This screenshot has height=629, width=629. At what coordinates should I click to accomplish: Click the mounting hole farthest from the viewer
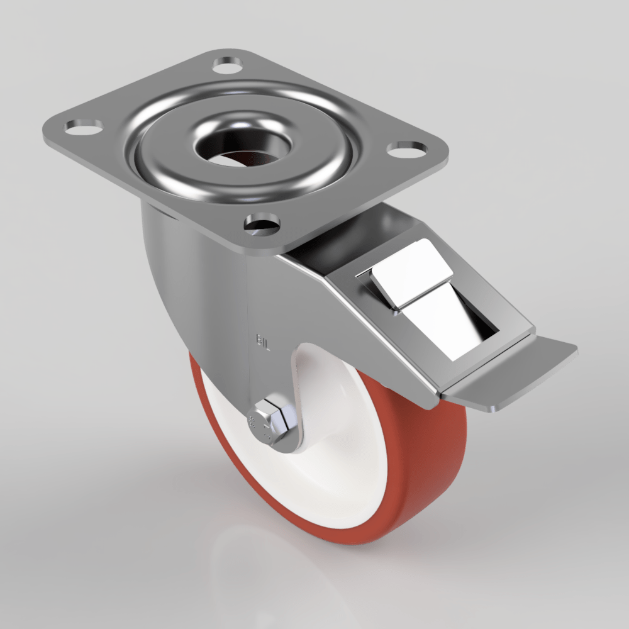(x=228, y=64)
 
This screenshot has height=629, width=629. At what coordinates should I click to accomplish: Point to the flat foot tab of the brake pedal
(x=516, y=377)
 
